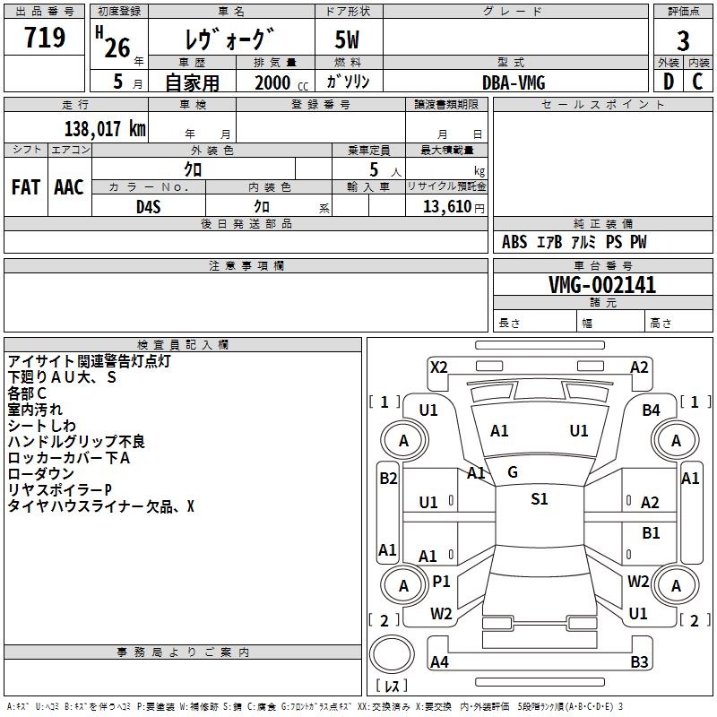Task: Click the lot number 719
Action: (x=45, y=39)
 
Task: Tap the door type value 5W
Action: (x=348, y=40)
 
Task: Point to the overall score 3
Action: (x=683, y=40)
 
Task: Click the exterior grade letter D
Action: (x=669, y=82)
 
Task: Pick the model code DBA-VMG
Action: (x=514, y=82)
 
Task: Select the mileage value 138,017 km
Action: (x=105, y=128)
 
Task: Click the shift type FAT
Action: (x=25, y=187)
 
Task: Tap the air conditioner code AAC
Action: (x=69, y=187)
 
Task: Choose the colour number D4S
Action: (x=148, y=206)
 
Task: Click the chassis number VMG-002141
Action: (x=602, y=285)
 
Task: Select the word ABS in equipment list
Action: (x=514, y=242)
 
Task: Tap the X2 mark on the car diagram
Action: (x=438, y=367)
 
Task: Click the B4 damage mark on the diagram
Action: (x=652, y=410)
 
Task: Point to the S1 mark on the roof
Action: (x=539, y=499)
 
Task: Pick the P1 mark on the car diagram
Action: (x=441, y=582)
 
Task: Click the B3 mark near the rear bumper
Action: (x=639, y=662)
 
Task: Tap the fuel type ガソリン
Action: (x=348, y=82)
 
